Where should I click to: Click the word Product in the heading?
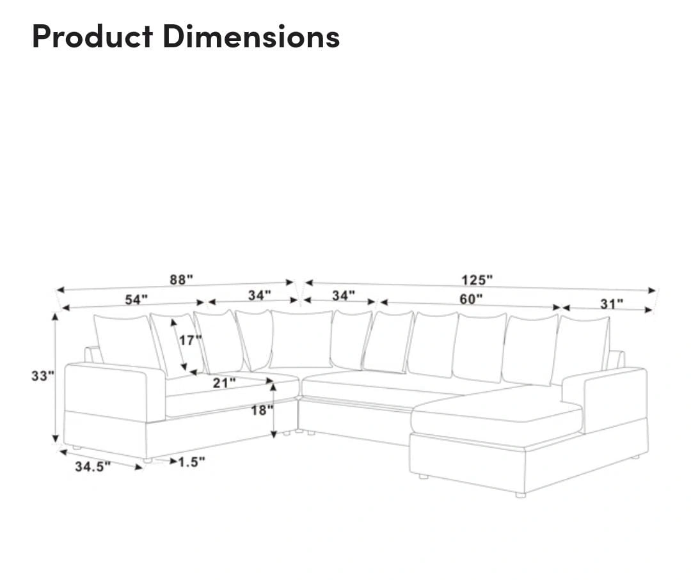point(93,36)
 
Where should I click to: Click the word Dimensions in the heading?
point(251,36)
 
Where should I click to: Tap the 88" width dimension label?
point(182,279)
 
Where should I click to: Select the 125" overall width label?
point(477,279)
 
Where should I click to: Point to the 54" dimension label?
point(136,299)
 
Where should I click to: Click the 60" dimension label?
point(471,299)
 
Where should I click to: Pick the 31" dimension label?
point(612,304)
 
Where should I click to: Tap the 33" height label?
point(43,375)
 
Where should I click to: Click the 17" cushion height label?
point(191,340)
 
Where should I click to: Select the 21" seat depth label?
point(225,382)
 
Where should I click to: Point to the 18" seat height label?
point(262,410)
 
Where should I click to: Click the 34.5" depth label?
point(93,466)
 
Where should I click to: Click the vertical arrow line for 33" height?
point(55,377)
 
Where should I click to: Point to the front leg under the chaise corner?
point(520,495)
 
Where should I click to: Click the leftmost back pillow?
point(127,341)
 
